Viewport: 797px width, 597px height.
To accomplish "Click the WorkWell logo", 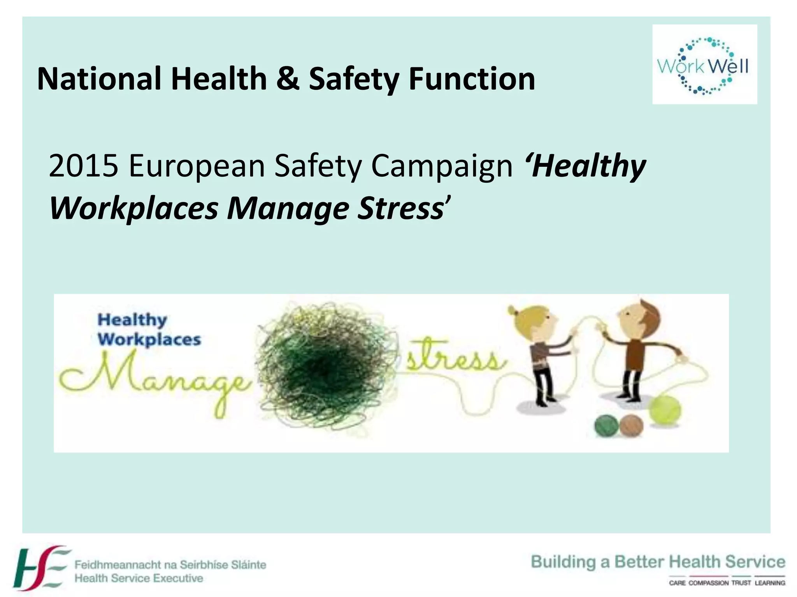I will [704, 65].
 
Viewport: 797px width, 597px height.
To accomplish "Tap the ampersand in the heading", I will [288, 79].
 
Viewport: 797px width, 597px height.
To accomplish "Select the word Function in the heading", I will [471, 79].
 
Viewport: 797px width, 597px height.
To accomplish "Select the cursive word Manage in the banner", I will [156, 379].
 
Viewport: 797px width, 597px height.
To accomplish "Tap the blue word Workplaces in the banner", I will [149, 339].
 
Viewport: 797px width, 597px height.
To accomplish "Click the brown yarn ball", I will [631, 426].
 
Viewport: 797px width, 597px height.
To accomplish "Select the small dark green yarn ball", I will [606, 426].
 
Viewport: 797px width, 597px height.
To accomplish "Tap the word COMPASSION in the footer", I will [708, 583].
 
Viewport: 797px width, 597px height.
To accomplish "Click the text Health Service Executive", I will [139, 578].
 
